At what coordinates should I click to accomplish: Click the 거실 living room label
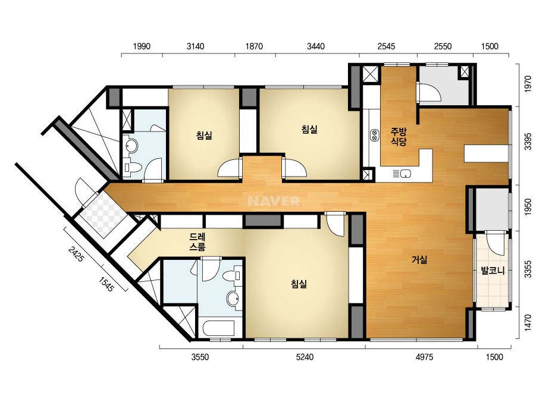tap(419, 260)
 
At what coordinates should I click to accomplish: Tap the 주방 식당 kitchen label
tap(399, 137)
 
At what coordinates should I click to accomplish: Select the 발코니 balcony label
tap(492, 271)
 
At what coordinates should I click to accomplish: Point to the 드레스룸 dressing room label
tap(197, 242)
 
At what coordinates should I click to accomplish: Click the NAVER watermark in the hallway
tap(274, 201)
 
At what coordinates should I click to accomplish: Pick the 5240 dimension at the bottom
tap(305, 357)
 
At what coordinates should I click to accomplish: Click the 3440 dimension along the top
tap(316, 46)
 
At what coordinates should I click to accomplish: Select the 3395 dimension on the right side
tap(528, 141)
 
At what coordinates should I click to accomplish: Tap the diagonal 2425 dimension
tap(76, 255)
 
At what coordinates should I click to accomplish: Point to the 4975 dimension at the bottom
tap(424, 357)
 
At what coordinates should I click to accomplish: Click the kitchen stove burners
tap(374, 136)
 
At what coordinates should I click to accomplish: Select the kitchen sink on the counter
tap(406, 173)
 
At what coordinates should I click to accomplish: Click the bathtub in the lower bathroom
tap(219, 328)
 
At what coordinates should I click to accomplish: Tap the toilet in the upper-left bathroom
tap(133, 167)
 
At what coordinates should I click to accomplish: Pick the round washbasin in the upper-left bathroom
tap(132, 146)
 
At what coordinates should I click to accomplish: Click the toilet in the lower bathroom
tap(232, 275)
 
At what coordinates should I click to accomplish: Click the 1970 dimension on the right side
tap(528, 84)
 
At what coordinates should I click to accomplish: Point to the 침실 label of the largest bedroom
tap(299, 284)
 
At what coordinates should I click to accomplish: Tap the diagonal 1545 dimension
tap(106, 284)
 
